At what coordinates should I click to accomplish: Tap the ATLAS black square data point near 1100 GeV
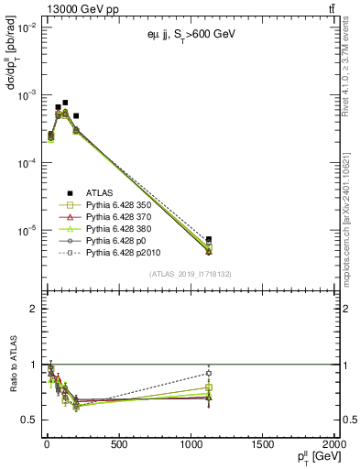[x=209, y=240]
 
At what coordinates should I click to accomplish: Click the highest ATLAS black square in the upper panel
[x=65, y=103]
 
